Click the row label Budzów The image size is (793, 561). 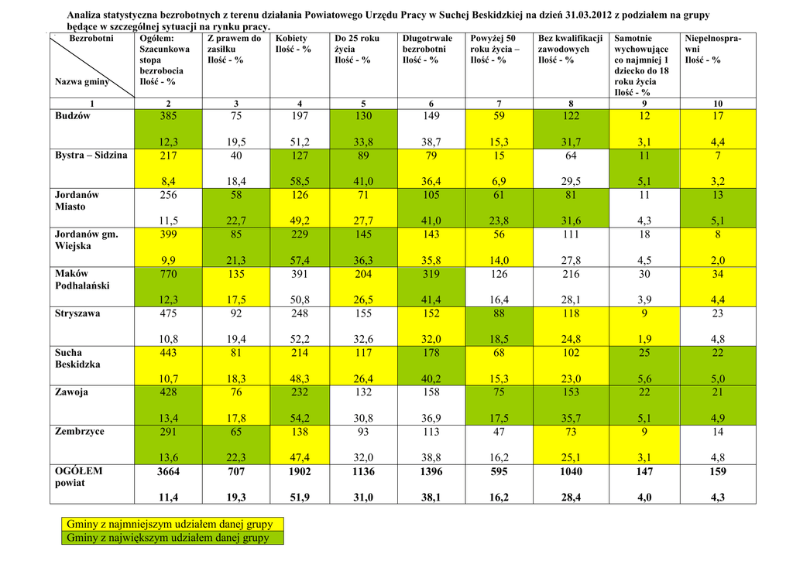pos(73,116)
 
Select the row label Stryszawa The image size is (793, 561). pos(78,313)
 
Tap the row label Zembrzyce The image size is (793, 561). pos(79,431)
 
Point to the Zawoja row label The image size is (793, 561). pos(71,392)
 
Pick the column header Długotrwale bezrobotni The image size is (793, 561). pos(427,49)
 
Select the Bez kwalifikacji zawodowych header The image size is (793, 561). pos(570,49)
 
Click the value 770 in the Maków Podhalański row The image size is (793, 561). pos(168,274)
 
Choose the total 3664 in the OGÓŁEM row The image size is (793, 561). pos(168,471)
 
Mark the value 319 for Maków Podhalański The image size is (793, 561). pos(431,274)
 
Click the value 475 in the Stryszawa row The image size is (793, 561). pos(168,313)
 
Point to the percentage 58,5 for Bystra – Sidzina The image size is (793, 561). pos(300,182)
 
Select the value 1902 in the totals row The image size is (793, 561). pos(300,471)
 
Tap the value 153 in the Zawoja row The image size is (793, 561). pos(571,392)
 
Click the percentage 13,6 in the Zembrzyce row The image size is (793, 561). pos(168,457)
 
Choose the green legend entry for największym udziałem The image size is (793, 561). pos(168,538)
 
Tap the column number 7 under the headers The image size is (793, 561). pos(499,104)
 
